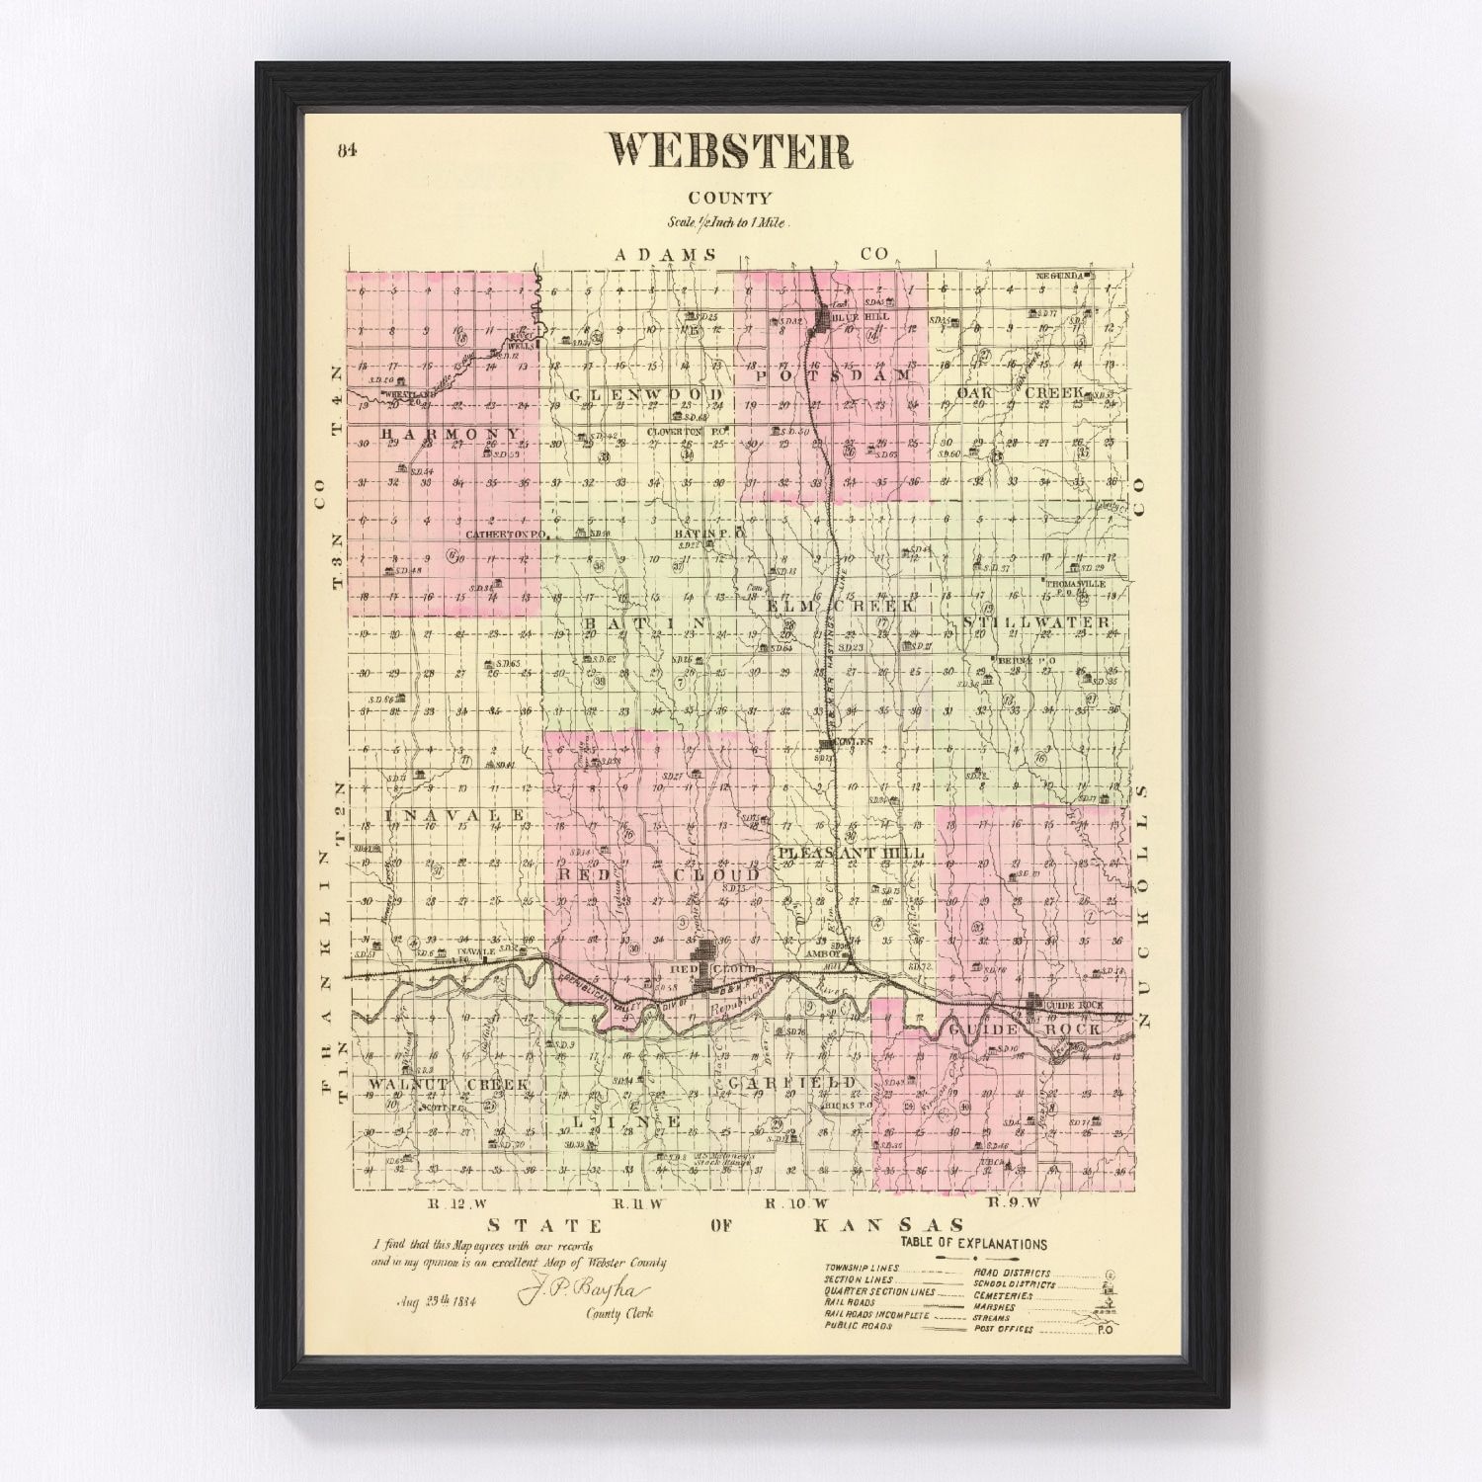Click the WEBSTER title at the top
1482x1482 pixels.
[730, 151]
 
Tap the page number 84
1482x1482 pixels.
[346, 150]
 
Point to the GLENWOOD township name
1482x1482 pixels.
[646, 395]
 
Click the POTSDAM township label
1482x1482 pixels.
[835, 376]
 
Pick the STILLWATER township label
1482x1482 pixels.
[1035, 622]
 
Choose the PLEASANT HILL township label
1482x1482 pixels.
[851, 853]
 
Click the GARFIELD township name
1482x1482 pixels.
[789, 1084]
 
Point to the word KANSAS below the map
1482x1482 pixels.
[886, 1226]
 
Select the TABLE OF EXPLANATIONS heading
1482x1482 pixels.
[973, 1245]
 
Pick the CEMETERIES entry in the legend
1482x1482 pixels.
[1003, 1295]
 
